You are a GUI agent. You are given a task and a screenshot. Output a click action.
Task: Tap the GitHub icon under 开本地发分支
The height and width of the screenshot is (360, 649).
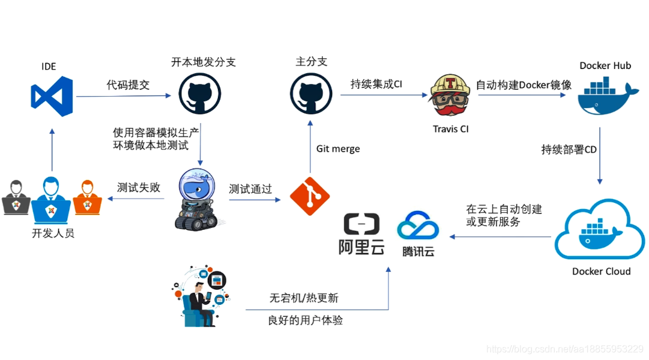click(x=200, y=94)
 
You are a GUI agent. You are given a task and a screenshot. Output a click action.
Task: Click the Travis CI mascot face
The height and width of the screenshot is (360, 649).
click(x=451, y=96)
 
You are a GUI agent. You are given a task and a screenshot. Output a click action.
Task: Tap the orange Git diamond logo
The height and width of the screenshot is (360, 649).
click(x=310, y=196)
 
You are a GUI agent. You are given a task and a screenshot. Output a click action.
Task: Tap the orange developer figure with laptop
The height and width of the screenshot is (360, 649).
click(x=87, y=197)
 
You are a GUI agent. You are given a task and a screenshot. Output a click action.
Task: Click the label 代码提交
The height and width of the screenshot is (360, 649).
click(x=128, y=85)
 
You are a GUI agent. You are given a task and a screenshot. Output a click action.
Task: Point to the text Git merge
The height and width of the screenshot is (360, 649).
click(x=338, y=148)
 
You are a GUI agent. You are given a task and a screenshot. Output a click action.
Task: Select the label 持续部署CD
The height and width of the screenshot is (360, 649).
click(x=569, y=149)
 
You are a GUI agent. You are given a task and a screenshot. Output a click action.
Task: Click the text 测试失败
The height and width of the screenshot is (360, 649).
click(x=139, y=187)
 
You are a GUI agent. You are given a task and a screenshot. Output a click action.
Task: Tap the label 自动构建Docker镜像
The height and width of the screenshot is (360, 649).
click(x=524, y=85)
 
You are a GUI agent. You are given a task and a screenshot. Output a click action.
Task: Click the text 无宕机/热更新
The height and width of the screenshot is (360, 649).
click(x=304, y=298)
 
